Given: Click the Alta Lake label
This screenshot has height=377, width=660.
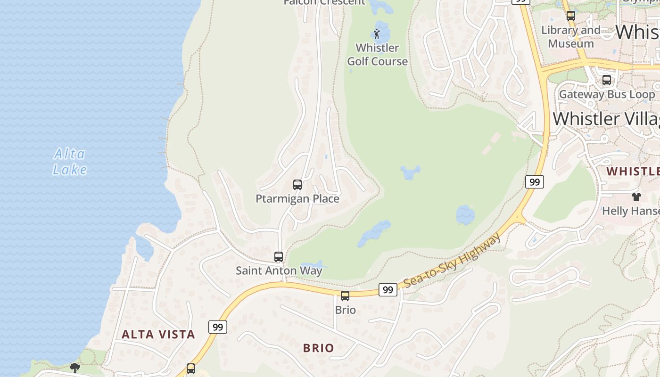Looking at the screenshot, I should pyautogui.click(x=70, y=162).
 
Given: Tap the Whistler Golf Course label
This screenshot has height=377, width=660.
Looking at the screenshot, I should pyautogui.click(x=377, y=55).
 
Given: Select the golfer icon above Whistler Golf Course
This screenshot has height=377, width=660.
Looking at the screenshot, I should pyautogui.click(x=376, y=34).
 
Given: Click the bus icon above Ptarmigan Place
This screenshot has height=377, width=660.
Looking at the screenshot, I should pyautogui.click(x=297, y=185).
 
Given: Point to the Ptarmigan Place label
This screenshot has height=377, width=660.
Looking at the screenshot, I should pyautogui.click(x=297, y=199).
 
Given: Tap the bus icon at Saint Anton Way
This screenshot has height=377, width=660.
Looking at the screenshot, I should pyautogui.click(x=279, y=257).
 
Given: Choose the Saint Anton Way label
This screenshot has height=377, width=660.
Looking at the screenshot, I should pyautogui.click(x=279, y=270).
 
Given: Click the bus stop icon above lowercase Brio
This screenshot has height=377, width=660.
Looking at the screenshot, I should pyautogui.click(x=345, y=296).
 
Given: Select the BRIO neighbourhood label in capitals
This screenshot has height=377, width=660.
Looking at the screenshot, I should pyautogui.click(x=319, y=348).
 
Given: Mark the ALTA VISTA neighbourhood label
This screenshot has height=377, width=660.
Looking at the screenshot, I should pyautogui.click(x=158, y=335).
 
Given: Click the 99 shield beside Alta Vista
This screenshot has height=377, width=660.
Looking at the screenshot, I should pyautogui.click(x=217, y=327).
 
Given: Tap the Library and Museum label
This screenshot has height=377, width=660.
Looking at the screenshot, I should pyautogui.click(x=570, y=37).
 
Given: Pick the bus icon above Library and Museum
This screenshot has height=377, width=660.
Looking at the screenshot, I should pyautogui.click(x=570, y=16).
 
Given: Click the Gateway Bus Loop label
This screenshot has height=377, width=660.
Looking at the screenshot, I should pyautogui.click(x=607, y=94).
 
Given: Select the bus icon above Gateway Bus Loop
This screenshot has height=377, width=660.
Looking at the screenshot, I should pyautogui.click(x=607, y=80).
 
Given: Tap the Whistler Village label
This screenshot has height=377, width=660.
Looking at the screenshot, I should pyautogui.click(x=606, y=118).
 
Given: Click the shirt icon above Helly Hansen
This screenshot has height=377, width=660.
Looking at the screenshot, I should pyautogui.click(x=636, y=197).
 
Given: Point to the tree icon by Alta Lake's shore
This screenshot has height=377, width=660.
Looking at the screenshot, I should pyautogui.click(x=74, y=368).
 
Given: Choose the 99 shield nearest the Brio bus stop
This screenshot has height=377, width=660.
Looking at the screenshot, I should pyautogui.click(x=388, y=290).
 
